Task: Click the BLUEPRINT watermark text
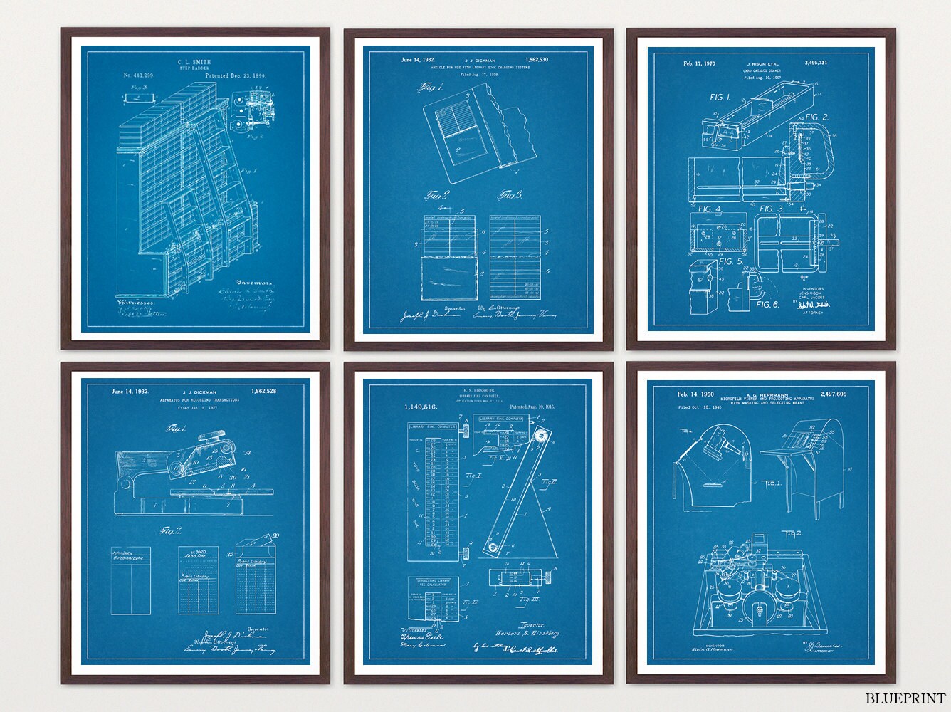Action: [905, 698]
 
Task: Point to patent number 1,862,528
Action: [270, 392]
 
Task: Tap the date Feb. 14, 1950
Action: [696, 394]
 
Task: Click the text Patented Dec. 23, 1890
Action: [246, 75]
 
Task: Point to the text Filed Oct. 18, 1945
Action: [704, 408]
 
